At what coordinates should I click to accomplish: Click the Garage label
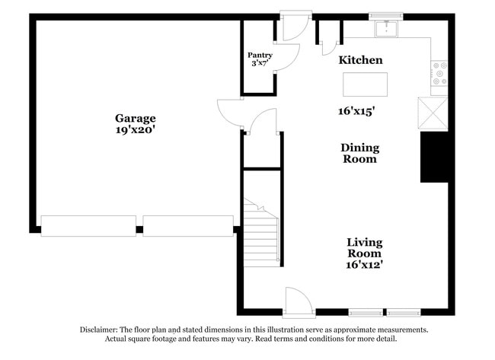[136, 118]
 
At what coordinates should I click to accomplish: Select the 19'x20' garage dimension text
[136, 129]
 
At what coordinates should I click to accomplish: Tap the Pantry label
[260, 55]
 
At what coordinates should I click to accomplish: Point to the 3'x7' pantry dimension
[260, 63]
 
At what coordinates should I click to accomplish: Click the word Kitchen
[360, 60]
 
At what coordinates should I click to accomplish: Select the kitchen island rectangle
[365, 84]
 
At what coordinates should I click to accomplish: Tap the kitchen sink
[387, 29]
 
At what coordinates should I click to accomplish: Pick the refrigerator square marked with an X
[433, 113]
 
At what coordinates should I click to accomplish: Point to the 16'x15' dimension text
[356, 111]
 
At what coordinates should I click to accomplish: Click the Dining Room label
[359, 153]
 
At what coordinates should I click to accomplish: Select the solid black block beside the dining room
[433, 156]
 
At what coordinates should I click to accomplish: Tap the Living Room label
[364, 247]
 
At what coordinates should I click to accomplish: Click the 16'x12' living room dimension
[364, 265]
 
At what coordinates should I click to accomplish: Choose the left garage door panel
[88, 225]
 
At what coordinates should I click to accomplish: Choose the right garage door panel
[188, 225]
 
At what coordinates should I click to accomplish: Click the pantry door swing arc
[287, 57]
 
